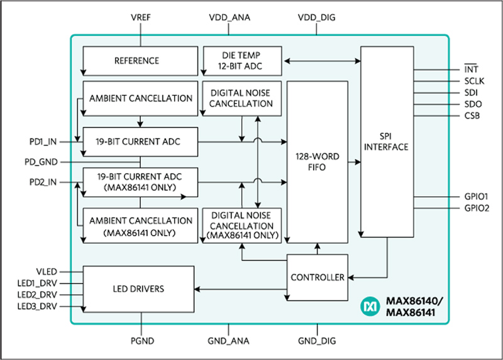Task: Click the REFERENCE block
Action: [x=136, y=61]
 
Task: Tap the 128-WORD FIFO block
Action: [x=317, y=161]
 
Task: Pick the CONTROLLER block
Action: [x=317, y=277]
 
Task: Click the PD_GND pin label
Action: [x=41, y=162]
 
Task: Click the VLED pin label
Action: [x=45, y=271]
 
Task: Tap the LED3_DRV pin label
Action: [x=37, y=306]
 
